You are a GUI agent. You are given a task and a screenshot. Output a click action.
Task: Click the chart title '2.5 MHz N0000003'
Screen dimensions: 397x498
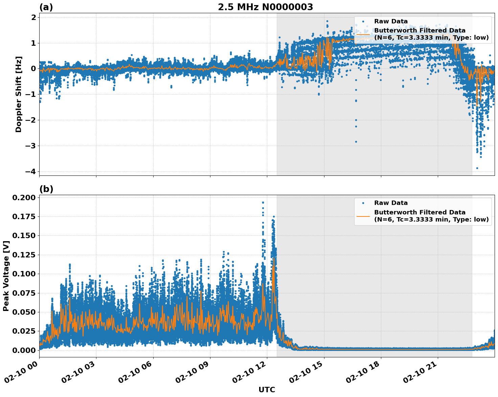click(265, 7)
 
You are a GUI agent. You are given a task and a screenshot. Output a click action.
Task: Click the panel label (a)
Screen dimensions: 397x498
click(46, 7)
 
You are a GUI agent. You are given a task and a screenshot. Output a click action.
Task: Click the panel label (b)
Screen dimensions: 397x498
click(46, 189)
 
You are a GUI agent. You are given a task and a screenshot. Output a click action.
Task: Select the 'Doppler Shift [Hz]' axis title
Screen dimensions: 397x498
click(19, 94)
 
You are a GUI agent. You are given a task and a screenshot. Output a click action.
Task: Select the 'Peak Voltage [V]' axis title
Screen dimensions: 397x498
click(6, 276)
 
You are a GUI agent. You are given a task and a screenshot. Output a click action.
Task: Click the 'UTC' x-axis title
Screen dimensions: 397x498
click(267, 390)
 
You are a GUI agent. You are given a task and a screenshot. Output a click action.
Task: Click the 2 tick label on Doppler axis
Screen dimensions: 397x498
click(33, 17)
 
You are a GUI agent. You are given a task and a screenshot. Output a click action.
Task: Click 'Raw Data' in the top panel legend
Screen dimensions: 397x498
click(391, 21)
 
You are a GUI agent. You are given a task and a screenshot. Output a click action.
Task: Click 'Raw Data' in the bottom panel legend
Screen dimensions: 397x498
click(391, 203)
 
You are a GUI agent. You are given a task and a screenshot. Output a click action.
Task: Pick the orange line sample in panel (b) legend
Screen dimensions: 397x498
click(363, 216)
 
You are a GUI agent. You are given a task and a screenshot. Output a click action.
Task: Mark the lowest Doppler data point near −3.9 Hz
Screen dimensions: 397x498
click(477, 168)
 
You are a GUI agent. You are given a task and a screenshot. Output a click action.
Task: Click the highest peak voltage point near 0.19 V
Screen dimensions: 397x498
click(263, 203)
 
